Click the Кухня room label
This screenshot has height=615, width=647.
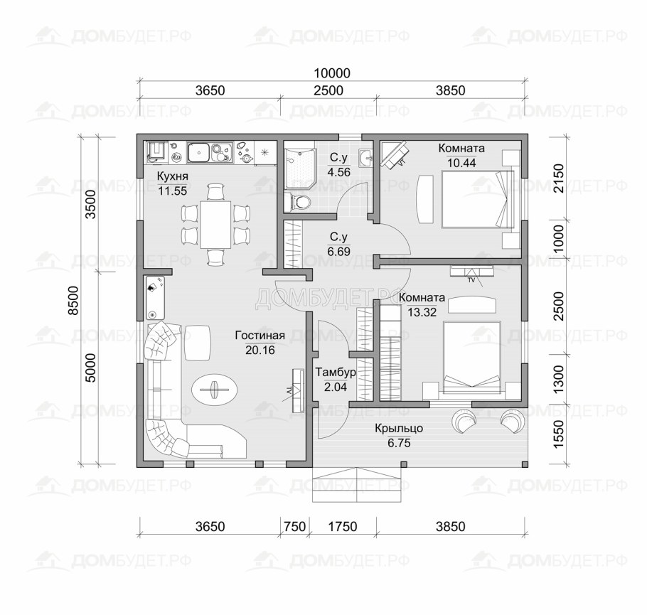[171, 176]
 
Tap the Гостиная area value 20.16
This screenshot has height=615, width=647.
[260, 351]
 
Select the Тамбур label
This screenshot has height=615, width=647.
[336, 373]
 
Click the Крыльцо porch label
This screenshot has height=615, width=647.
[399, 428]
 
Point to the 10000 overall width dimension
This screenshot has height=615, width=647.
[332, 73]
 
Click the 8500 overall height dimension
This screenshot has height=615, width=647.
[73, 301]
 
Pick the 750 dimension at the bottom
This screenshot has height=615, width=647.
[295, 527]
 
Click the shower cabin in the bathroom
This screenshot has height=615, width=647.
[300, 165]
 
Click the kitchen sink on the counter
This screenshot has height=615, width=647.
[198, 153]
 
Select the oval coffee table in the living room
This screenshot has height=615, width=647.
[215, 389]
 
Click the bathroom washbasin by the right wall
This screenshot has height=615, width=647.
[366, 158]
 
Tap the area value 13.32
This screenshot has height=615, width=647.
[422, 312]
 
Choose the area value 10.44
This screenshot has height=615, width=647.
[461, 163]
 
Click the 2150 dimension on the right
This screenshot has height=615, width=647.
[558, 178]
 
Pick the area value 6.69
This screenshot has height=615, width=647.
[338, 252]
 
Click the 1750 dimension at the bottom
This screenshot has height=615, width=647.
[343, 527]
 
